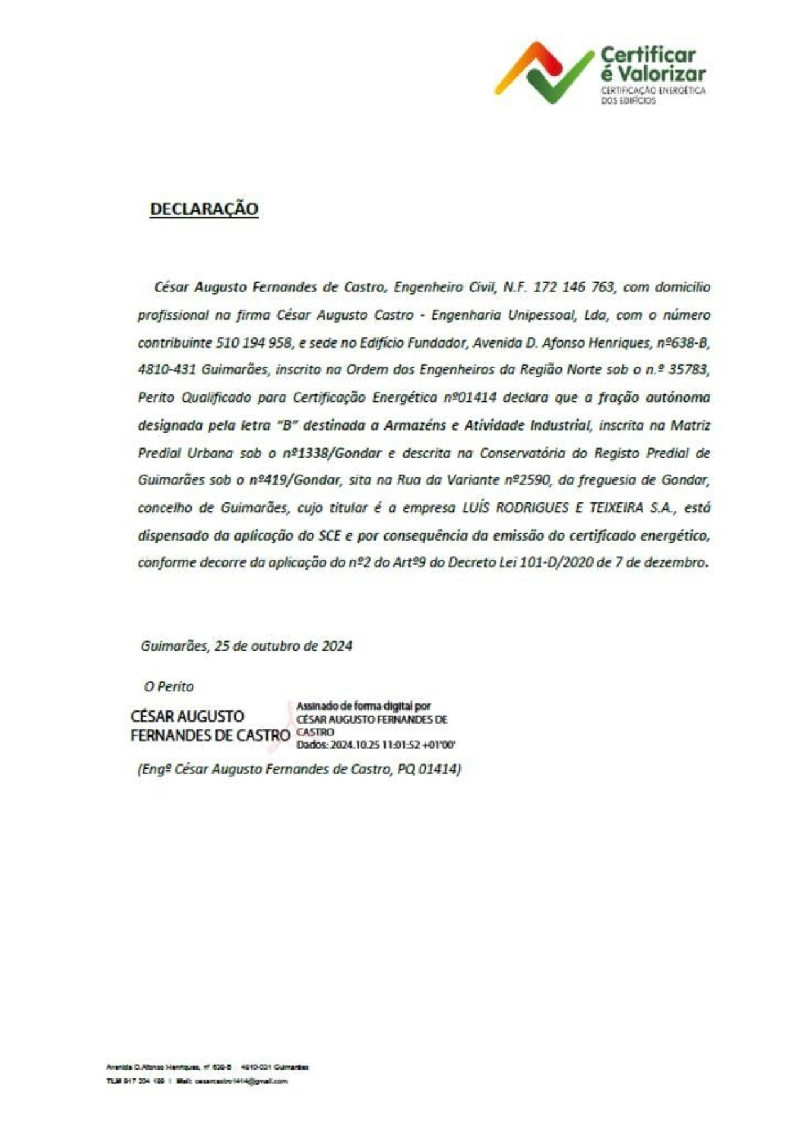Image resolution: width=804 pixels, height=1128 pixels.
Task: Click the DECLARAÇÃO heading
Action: tap(204, 209)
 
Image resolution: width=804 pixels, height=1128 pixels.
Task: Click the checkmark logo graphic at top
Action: tap(544, 72)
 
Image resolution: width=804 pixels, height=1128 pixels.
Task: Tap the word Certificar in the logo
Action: tap(648, 55)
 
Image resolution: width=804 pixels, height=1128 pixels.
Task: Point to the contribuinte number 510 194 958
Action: tap(254, 343)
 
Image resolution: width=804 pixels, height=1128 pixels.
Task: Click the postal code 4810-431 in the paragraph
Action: tap(166, 370)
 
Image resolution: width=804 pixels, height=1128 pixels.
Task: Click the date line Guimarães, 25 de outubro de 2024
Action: tap(246, 646)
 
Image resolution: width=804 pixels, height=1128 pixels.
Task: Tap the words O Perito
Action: tap(169, 686)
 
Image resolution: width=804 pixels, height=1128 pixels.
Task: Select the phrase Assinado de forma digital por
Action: tap(363, 707)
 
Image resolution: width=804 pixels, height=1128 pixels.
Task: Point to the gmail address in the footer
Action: tap(241, 1081)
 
